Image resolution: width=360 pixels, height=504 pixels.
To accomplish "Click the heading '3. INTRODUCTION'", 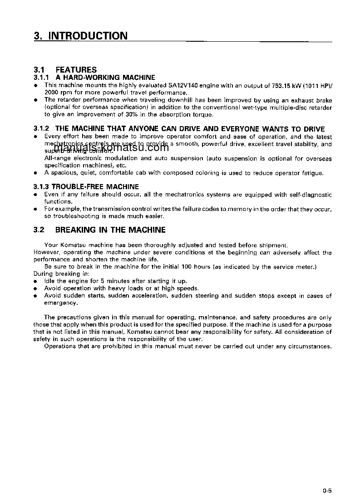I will coord(81,36).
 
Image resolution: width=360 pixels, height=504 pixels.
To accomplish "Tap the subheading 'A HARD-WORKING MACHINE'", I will coord(108,78).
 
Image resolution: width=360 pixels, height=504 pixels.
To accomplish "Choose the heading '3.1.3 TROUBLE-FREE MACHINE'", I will coord(86,187).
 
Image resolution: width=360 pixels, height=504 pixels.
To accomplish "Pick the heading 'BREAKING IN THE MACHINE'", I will coord(110,230).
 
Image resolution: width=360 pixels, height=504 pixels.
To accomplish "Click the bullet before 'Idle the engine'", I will coord(35,281).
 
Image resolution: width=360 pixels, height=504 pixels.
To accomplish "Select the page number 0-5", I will coord(327,490).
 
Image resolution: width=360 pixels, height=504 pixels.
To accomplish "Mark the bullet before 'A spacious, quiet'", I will coord(35,173).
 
